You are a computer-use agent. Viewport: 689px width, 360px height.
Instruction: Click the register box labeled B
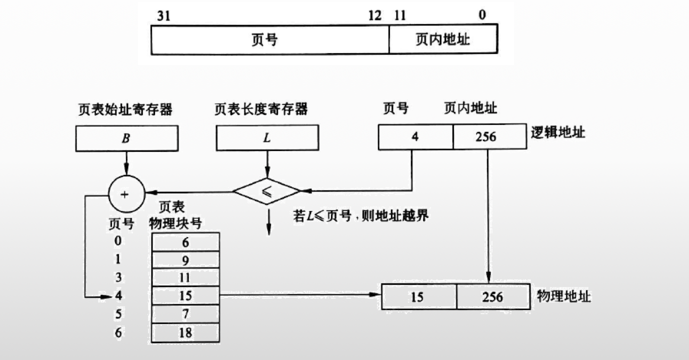(x=126, y=138)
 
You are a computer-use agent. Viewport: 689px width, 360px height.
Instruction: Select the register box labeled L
(x=267, y=137)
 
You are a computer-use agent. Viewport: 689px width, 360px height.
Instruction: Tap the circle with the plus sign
(x=126, y=193)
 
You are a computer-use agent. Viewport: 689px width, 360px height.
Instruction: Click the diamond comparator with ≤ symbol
(x=266, y=191)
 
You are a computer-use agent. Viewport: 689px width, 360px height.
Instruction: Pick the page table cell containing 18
(x=185, y=332)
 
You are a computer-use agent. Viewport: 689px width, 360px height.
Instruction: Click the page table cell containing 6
(x=185, y=242)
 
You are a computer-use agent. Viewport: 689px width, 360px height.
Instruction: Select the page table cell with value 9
(x=185, y=260)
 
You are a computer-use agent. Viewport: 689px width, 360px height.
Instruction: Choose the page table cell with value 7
(x=185, y=314)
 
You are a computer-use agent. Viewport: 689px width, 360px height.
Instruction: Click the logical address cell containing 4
(x=415, y=136)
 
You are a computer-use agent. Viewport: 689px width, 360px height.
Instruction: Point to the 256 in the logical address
(x=489, y=136)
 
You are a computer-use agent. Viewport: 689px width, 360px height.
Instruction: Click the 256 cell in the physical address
(x=493, y=297)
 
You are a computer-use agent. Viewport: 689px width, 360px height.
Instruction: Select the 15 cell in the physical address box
(x=418, y=297)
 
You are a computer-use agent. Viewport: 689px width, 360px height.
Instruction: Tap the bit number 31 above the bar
(x=163, y=15)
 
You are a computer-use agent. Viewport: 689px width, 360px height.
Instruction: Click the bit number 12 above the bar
(x=375, y=15)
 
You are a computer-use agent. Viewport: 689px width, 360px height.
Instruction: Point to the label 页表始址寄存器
(x=125, y=109)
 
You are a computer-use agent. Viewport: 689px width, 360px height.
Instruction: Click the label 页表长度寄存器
(x=261, y=109)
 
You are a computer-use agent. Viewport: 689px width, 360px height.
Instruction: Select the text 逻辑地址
(x=558, y=133)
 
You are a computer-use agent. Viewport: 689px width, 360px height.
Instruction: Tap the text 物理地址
(x=564, y=296)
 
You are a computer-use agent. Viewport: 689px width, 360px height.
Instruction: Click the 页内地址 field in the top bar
(x=443, y=39)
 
